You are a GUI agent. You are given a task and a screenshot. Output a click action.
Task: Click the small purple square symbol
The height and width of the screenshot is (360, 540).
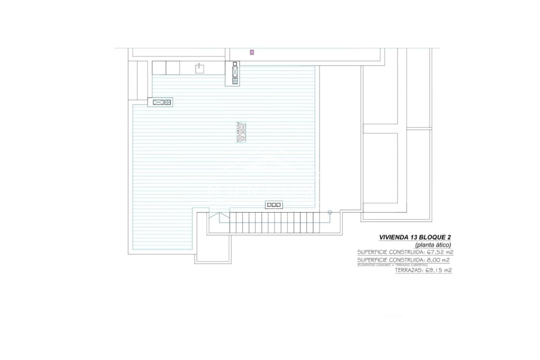[x=252, y=52]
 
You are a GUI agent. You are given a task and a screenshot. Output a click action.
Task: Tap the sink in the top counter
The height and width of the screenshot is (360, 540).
[x=200, y=68]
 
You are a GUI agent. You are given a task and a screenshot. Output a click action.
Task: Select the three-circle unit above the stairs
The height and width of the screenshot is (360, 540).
[x=274, y=205]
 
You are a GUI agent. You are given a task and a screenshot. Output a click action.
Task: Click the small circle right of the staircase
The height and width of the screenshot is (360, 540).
[x=330, y=212]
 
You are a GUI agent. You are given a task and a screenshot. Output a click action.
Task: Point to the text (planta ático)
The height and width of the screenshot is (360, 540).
[x=433, y=245]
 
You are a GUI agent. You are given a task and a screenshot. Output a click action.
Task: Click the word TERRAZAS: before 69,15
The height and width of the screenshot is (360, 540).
[x=409, y=270]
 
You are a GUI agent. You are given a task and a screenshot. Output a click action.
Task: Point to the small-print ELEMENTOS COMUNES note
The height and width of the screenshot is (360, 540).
[x=392, y=265]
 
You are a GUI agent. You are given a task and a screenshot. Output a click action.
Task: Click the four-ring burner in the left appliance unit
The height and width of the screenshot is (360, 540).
[x=168, y=102]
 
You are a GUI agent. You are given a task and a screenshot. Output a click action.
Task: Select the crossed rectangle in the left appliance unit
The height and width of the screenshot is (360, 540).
[x=158, y=102]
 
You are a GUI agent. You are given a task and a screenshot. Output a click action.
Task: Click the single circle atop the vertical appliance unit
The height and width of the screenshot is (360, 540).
[x=235, y=64]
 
